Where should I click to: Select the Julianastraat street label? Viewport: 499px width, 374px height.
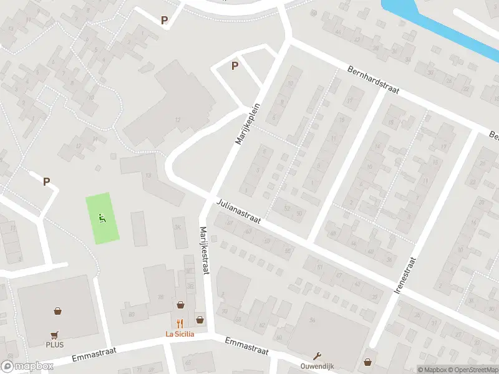click(x=239, y=212)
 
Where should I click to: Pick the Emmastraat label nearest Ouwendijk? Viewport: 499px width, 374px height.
click(x=246, y=347)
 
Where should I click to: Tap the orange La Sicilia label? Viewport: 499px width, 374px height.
click(x=180, y=333)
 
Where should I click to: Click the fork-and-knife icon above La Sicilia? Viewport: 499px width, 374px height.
click(x=180, y=323)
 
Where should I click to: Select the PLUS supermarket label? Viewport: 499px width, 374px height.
click(x=54, y=344)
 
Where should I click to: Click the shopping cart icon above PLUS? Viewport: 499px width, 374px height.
click(x=54, y=333)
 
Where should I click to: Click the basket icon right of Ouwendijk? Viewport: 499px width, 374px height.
click(x=368, y=361)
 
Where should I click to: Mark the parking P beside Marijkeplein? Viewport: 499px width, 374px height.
click(x=235, y=65)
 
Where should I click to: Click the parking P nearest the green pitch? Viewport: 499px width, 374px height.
click(x=46, y=181)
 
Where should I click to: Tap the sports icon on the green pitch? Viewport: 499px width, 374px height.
click(x=102, y=218)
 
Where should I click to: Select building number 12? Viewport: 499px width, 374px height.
click(x=178, y=119)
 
